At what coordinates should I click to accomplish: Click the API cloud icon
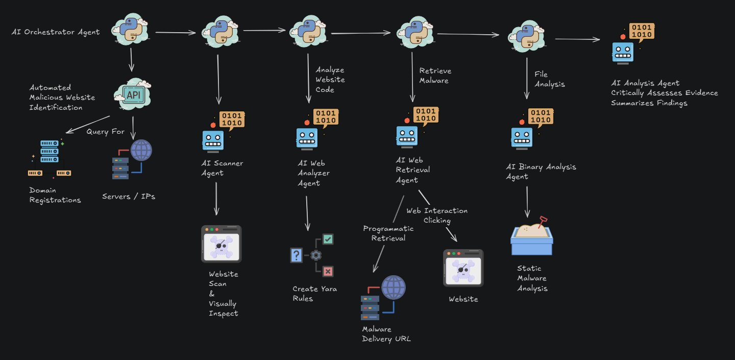coord(132,94)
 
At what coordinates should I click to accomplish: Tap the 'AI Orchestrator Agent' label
coord(56,32)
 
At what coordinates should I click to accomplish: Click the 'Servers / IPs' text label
coord(128,196)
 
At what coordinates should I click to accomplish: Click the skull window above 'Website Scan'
coord(221,244)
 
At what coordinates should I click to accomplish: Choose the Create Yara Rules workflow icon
coord(312,254)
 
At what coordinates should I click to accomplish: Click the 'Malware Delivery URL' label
coord(386,334)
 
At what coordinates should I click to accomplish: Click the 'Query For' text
coord(105,132)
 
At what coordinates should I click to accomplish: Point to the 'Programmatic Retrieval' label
coord(388,233)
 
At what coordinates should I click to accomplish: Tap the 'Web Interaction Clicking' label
coord(437,215)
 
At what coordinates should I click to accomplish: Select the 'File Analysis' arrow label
coord(550,79)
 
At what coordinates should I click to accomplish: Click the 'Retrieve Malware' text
coord(435,75)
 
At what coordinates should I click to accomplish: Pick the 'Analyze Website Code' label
coord(330,80)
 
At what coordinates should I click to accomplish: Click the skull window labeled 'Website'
coord(463,268)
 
